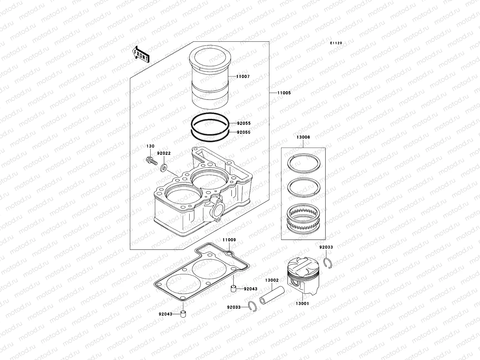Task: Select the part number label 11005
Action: pos(284,93)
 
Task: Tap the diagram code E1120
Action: pos(336,43)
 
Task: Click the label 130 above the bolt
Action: pos(150,146)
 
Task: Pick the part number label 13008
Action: pos(303,137)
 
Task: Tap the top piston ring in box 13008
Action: pos(304,163)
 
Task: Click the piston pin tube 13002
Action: pos(272,296)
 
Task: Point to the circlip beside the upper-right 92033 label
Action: pos(329,263)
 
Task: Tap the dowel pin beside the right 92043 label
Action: pos(232,289)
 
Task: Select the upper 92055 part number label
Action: pos(244,123)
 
